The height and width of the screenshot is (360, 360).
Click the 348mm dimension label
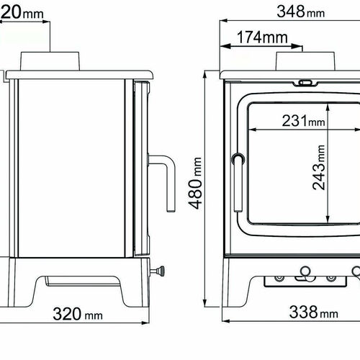click(301, 12)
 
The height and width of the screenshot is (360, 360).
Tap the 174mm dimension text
click(262, 37)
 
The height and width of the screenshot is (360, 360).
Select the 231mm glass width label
click(304, 121)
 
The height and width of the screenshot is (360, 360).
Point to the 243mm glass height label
click(319, 168)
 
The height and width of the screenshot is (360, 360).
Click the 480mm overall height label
click(195, 184)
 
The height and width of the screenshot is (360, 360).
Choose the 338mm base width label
click(314, 312)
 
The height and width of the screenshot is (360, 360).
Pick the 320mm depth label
click(78, 314)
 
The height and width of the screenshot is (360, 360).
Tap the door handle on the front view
click(238, 183)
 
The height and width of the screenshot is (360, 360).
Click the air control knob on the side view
click(158, 271)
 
